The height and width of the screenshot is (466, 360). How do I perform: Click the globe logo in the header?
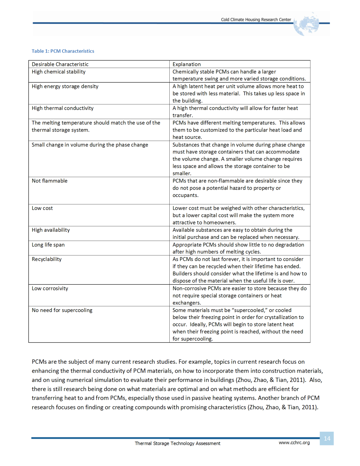(306, 24)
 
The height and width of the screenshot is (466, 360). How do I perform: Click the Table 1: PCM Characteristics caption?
(63, 51)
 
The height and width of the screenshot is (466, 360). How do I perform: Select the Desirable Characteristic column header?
(60, 64)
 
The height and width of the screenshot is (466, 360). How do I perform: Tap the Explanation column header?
(187, 64)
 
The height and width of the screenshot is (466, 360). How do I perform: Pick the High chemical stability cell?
(59, 72)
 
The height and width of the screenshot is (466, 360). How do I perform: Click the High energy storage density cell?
(65, 86)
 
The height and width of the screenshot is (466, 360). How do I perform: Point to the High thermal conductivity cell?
(63, 108)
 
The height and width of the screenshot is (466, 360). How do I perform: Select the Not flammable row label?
(50, 181)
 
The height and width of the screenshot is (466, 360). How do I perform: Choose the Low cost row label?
(42, 208)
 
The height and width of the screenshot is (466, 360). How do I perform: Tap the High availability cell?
(51, 230)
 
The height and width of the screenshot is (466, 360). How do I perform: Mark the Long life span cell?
(48, 245)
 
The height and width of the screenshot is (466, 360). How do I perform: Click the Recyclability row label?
(47, 259)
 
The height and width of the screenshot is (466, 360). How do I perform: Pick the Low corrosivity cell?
(50, 288)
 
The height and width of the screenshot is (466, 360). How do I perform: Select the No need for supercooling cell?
(62, 310)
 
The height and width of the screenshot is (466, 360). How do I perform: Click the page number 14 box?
(327, 438)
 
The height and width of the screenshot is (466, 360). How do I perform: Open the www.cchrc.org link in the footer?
(294, 443)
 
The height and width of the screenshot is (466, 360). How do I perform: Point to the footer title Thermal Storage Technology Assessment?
(177, 443)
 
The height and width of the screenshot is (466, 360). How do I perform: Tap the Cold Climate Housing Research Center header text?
(256, 20)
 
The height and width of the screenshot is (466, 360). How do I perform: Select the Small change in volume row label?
(90, 145)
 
